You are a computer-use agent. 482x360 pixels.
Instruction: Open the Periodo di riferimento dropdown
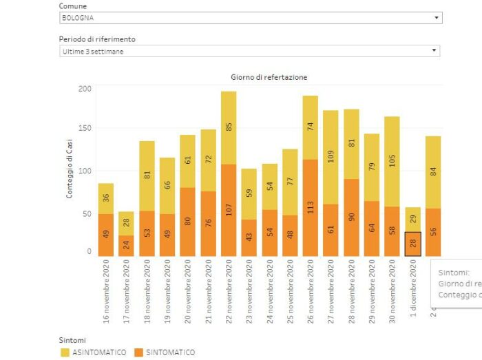click(x=249, y=51)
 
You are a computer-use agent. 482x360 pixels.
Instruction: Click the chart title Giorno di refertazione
click(x=269, y=77)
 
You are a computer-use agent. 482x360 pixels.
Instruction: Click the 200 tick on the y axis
click(x=85, y=89)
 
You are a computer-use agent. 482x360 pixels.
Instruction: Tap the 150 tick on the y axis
click(x=85, y=128)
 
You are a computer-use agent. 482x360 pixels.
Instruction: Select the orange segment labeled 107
click(x=229, y=210)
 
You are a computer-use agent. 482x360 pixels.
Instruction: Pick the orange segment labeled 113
click(x=310, y=208)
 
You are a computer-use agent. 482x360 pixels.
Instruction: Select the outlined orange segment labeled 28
click(x=412, y=244)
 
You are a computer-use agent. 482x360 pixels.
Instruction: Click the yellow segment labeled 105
click(x=392, y=161)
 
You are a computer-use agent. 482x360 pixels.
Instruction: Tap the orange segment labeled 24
click(x=126, y=246)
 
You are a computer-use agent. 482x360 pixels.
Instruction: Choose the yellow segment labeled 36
click(x=106, y=198)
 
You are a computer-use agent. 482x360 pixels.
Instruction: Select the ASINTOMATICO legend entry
click(x=94, y=352)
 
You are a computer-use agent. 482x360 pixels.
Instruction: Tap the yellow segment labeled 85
click(x=229, y=127)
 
